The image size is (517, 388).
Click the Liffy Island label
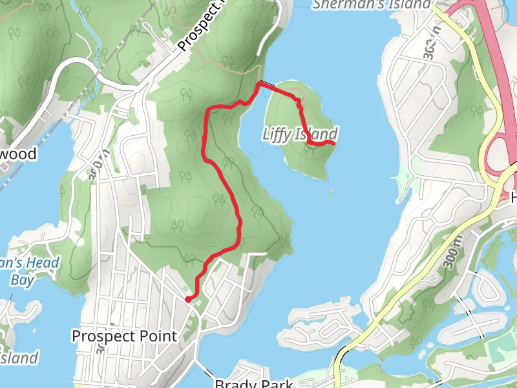tap(300, 134)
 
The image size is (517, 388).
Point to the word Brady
tap(237, 383)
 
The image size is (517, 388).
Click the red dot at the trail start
tap(187, 299)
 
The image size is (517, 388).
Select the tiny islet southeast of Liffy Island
tap(332, 191)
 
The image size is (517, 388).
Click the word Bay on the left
tap(21, 279)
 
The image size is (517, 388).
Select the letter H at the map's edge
tap(514, 198)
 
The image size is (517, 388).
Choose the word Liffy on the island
tap(278, 134)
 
